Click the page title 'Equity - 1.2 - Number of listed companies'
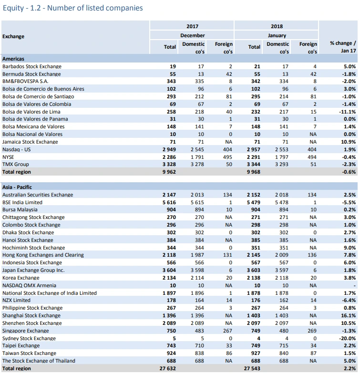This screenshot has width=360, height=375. click(x=72, y=8)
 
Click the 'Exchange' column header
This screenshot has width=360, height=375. click(x=13, y=36)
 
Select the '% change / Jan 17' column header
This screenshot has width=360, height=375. click(x=343, y=46)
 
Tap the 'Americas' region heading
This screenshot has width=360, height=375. click(x=13, y=59)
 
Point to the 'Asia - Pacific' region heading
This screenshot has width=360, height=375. click(x=17, y=187)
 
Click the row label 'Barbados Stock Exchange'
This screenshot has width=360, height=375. click(x=32, y=66)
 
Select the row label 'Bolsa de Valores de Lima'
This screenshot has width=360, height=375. click(x=31, y=112)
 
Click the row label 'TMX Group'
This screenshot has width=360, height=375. click(x=16, y=164)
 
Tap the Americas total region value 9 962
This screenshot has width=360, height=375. click(x=169, y=172)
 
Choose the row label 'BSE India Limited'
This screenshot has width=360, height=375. click(x=22, y=202)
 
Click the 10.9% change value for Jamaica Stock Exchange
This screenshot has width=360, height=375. click(x=349, y=142)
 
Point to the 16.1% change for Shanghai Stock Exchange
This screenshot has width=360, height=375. click(x=349, y=315)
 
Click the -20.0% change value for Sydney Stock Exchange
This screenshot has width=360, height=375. click(x=347, y=338)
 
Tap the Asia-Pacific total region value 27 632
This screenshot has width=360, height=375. click(x=168, y=368)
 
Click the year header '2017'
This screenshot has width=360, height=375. click(x=193, y=26)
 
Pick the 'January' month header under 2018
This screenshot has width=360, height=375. click(x=277, y=35)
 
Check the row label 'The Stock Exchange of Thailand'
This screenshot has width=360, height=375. click(x=39, y=361)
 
